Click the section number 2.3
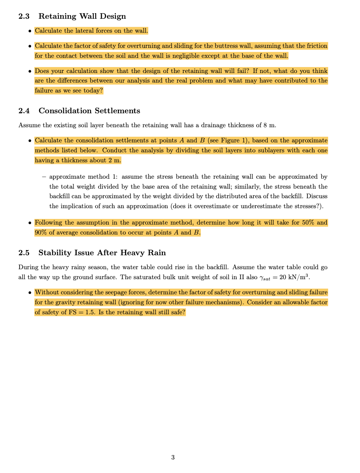tap(25, 16)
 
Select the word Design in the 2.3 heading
tap(113, 16)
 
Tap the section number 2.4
tap(25, 111)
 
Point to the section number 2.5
tap(25, 253)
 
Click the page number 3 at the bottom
tap(173, 457)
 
